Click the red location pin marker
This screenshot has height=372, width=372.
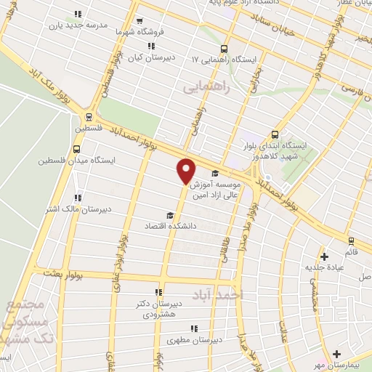click(187, 170)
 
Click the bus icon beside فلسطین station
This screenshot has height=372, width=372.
click(89, 116)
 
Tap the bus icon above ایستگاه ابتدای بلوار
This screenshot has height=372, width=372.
click(275, 134)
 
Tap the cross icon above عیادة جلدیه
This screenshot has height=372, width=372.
click(325, 256)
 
